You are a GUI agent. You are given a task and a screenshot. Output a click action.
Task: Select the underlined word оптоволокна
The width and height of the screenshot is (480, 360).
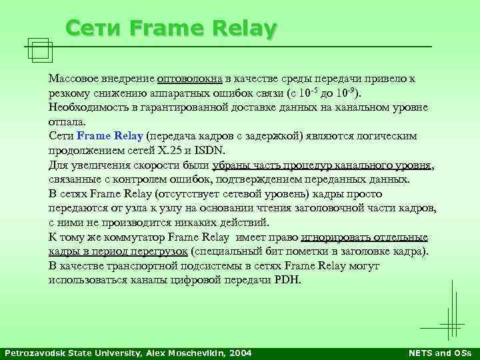pos(189,79)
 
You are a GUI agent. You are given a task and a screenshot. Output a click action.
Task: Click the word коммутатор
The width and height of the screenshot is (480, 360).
pos(133,237)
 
